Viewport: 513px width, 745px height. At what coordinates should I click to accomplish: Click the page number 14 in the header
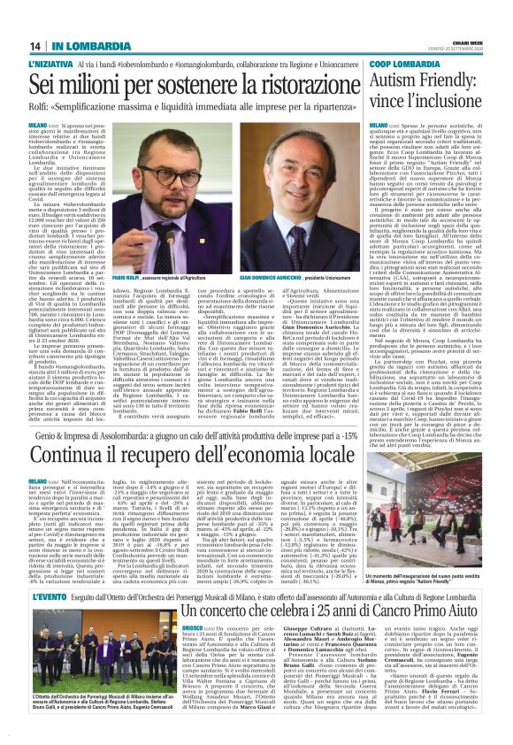[35, 46]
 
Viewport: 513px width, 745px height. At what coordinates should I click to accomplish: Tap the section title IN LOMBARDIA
[81, 46]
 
